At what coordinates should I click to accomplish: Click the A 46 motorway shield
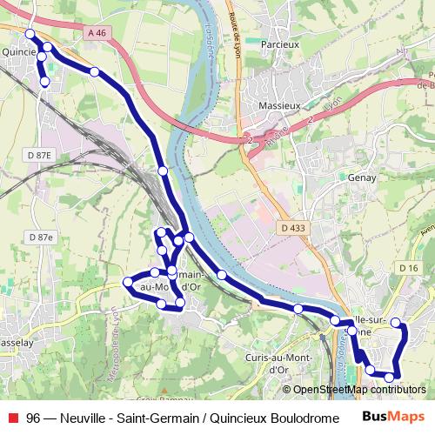click(x=97, y=32)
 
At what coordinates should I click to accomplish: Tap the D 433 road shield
click(x=293, y=228)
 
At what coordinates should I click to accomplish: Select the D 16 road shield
click(x=407, y=268)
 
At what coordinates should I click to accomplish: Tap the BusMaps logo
click(x=393, y=416)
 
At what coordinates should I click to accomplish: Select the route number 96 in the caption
click(x=33, y=416)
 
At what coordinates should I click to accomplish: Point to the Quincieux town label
click(x=17, y=51)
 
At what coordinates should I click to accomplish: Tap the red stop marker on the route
click(x=162, y=250)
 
